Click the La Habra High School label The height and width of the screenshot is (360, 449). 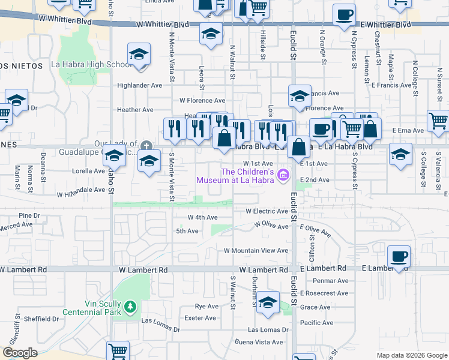coord(91,65)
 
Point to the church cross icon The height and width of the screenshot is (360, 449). coord(146,146)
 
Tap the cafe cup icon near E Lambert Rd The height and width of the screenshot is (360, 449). coord(399,257)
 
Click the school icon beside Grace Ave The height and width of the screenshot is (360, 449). coord(268,302)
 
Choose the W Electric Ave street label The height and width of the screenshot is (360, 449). coord(267,211)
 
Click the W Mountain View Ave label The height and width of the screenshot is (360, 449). coord(256,251)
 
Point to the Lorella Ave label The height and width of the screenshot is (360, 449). coord(89,171)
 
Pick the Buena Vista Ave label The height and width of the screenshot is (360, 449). coord(259,342)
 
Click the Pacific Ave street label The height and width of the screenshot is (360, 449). coord(316,323)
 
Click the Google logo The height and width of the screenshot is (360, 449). coord(20,353)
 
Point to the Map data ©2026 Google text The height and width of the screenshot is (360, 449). coord(411,355)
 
